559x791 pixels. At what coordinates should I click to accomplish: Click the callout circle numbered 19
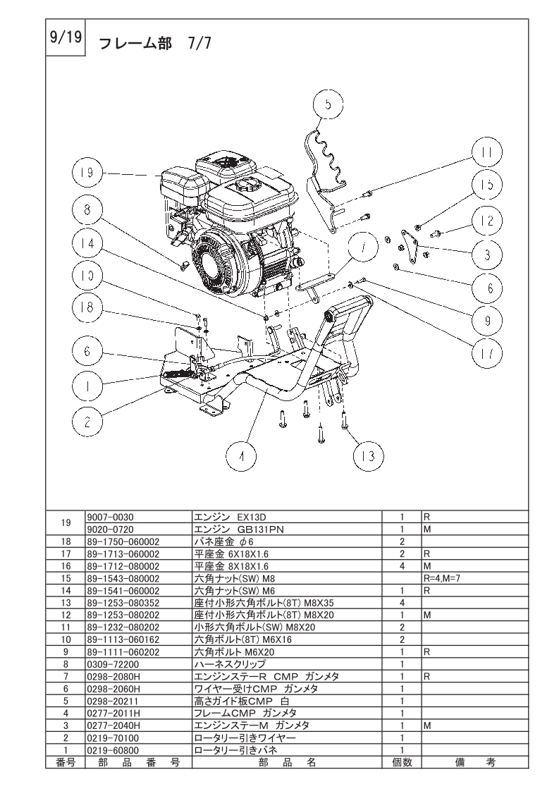[x=87, y=173]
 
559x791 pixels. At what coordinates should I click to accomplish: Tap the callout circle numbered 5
[x=328, y=105]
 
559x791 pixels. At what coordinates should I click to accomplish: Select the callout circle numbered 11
[x=487, y=152]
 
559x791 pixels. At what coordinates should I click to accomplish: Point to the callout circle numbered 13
[x=368, y=456]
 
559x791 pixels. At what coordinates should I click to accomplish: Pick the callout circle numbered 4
[x=240, y=458]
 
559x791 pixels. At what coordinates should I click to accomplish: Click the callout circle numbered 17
[x=487, y=354]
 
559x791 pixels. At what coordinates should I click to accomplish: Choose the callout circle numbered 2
[x=87, y=421]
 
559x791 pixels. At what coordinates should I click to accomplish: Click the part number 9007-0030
[x=111, y=517]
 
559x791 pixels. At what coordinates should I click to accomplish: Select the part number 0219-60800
[x=113, y=750]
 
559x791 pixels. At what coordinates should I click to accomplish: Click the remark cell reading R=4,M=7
[x=442, y=579]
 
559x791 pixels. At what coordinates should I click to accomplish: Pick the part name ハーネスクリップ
[x=230, y=664]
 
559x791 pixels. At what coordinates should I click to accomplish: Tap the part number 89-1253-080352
[x=123, y=603]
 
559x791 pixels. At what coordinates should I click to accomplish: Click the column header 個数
[x=402, y=762]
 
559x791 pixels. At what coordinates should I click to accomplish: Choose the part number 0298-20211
[x=113, y=701]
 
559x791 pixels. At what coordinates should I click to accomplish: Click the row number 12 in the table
[x=66, y=615]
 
